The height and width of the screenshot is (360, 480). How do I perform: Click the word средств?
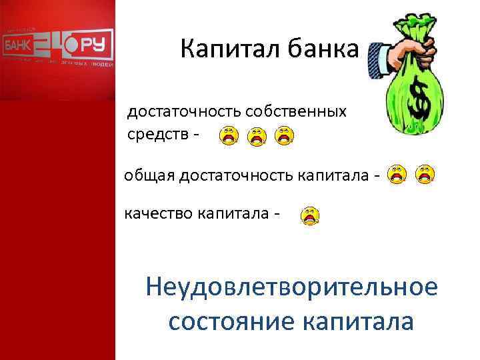pyautogui.click(x=157, y=135)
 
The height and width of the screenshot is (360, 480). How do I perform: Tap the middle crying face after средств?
pyautogui.click(x=257, y=137)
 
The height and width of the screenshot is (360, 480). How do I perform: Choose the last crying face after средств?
pyautogui.click(x=285, y=135)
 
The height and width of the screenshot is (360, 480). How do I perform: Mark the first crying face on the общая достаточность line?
pyautogui.click(x=398, y=174)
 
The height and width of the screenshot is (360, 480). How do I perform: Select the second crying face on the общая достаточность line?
pyautogui.click(x=425, y=174)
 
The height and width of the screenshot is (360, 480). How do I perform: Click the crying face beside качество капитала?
pyautogui.click(x=310, y=215)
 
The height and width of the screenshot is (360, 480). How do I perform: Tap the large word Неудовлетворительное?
pyautogui.click(x=291, y=288)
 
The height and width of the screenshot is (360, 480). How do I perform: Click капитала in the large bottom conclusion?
pyautogui.click(x=357, y=321)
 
